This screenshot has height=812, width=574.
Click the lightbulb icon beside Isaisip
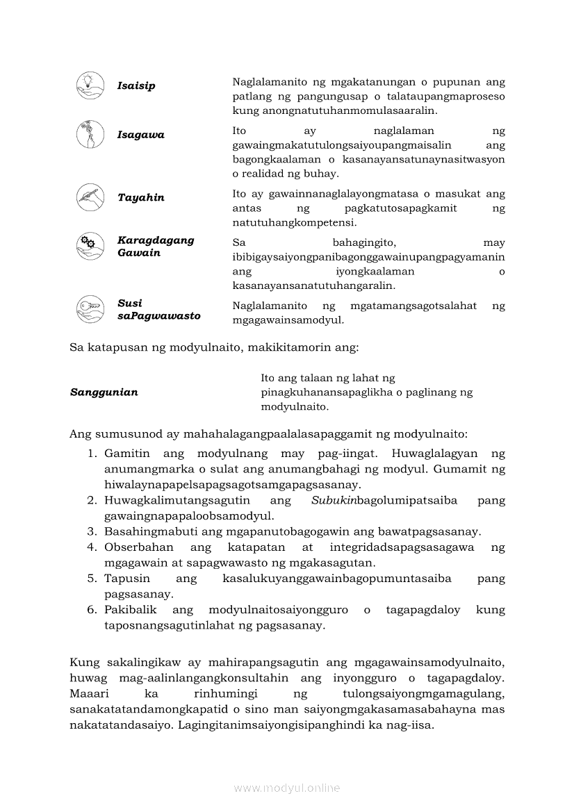(x=90, y=85)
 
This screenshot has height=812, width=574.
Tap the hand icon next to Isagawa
(x=90, y=134)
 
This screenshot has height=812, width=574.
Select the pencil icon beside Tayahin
(x=90, y=197)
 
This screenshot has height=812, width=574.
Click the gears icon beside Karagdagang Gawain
(x=90, y=246)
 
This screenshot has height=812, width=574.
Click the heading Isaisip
(x=136, y=86)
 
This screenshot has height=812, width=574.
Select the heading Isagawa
(x=141, y=135)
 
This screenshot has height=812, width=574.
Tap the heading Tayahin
(x=141, y=198)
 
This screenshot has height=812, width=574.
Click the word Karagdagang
(x=156, y=240)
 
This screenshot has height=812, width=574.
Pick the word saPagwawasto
(x=158, y=316)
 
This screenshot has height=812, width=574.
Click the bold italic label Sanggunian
(x=104, y=392)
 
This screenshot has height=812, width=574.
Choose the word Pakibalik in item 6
(x=131, y=610)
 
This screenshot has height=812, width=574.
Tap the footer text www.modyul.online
(x=287, y=788)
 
